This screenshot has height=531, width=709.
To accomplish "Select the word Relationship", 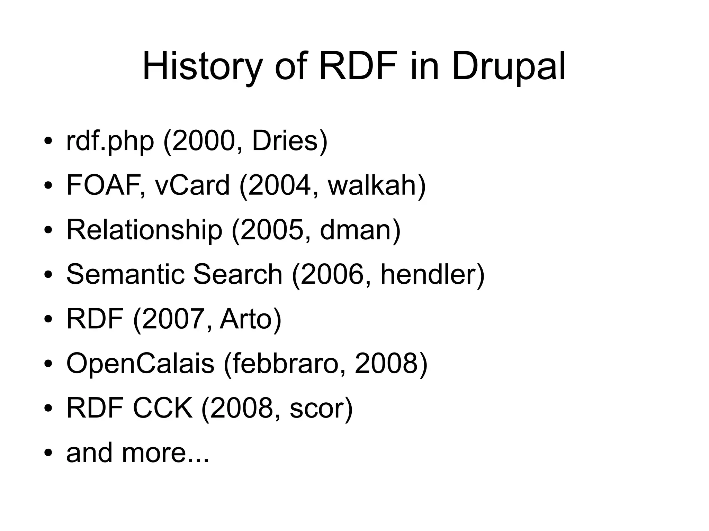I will pyautogui.click(x=144, y=230).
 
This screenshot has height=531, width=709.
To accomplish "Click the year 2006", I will pyautogui.click(x=332, y=274).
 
